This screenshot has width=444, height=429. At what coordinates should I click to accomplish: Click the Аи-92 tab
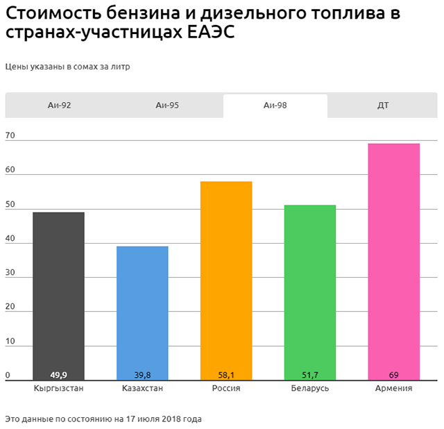coord(59,106)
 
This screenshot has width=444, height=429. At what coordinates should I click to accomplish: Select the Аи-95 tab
coord(167,106)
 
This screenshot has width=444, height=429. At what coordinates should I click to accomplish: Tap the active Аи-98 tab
coord(275,106)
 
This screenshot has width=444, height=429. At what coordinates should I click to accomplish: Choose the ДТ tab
coord(383,106)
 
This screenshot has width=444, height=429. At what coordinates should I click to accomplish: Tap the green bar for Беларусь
coord(310,292)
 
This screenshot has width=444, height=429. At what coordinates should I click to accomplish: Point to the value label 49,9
coord(59,375)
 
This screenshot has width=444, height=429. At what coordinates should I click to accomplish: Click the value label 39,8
coord(142,375)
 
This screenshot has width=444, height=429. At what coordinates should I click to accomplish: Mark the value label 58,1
coord(226,375)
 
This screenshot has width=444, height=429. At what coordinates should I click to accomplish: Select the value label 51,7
coord(310,375)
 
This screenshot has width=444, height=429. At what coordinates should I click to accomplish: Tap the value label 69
coord(394,375)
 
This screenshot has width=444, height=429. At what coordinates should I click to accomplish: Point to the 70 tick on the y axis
coord(10,135)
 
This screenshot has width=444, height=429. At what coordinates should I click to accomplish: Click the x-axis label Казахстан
coord(142,389)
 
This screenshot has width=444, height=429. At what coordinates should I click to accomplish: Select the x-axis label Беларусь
coord(310,389)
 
